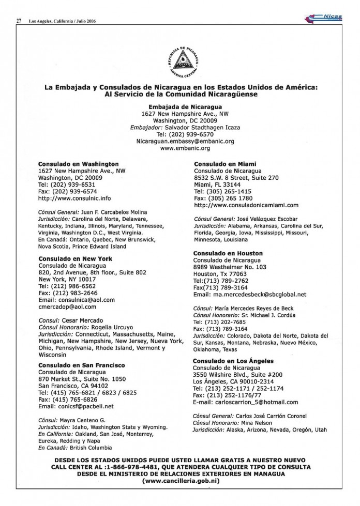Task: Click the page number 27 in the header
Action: (19, 21)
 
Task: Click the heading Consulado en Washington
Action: (79, 164)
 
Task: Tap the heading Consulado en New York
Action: (75, 258)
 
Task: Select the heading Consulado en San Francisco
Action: (81, 365)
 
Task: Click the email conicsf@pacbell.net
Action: (76, 406)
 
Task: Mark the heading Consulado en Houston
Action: (228, 253)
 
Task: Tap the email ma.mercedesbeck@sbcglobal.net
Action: (257, 294)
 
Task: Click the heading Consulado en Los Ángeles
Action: (233, 361)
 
